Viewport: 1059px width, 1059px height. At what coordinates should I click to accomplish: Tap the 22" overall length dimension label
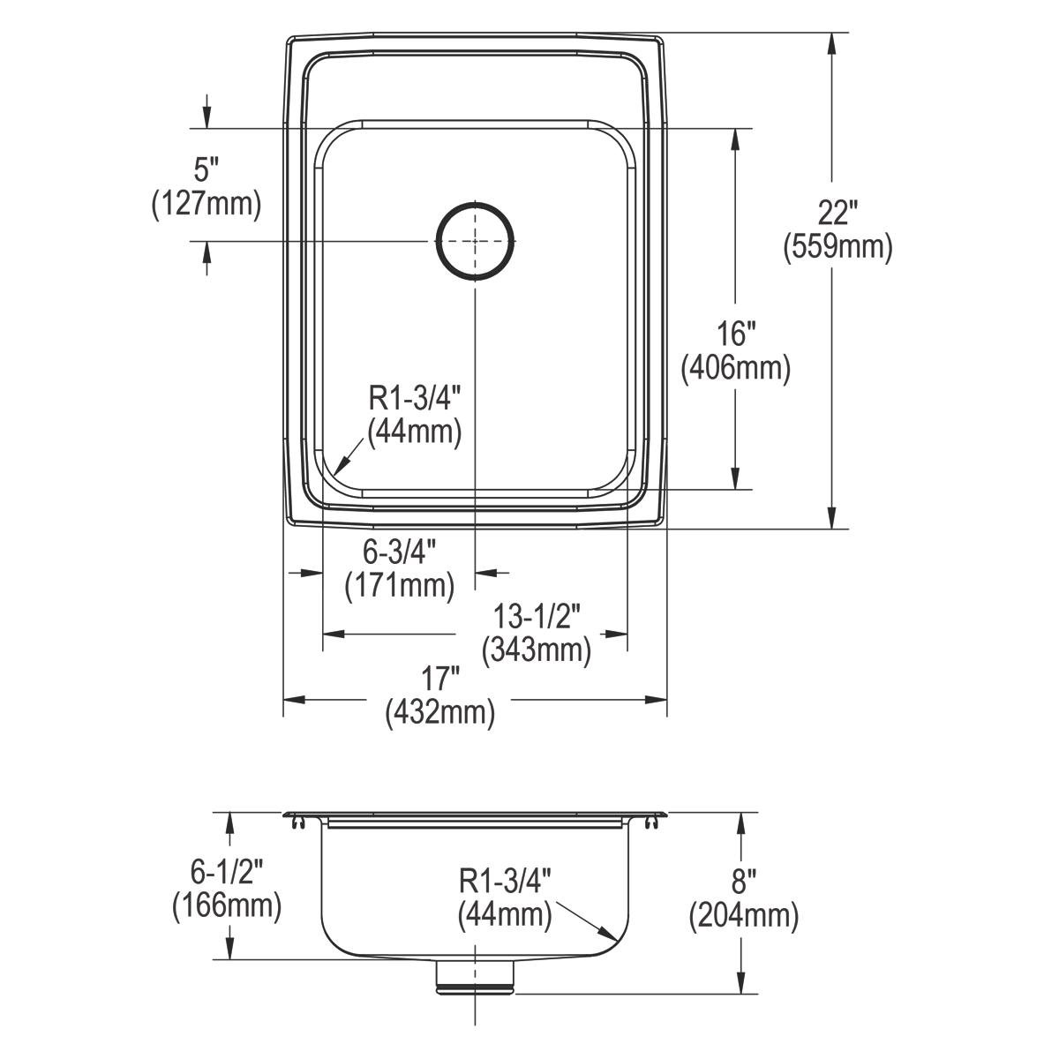click(837, 212)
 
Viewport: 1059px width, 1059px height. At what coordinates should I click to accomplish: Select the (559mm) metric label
click(837, 247)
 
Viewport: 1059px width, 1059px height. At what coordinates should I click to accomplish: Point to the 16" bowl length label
click(736, 334)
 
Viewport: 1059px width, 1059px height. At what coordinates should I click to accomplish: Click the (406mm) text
click(736, 368)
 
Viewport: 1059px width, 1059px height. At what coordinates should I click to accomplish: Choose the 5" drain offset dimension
click(207, 169)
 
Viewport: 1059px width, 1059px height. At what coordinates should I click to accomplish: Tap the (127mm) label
click(207, 204)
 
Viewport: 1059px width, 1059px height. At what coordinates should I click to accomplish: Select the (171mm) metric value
click(400, 585)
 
